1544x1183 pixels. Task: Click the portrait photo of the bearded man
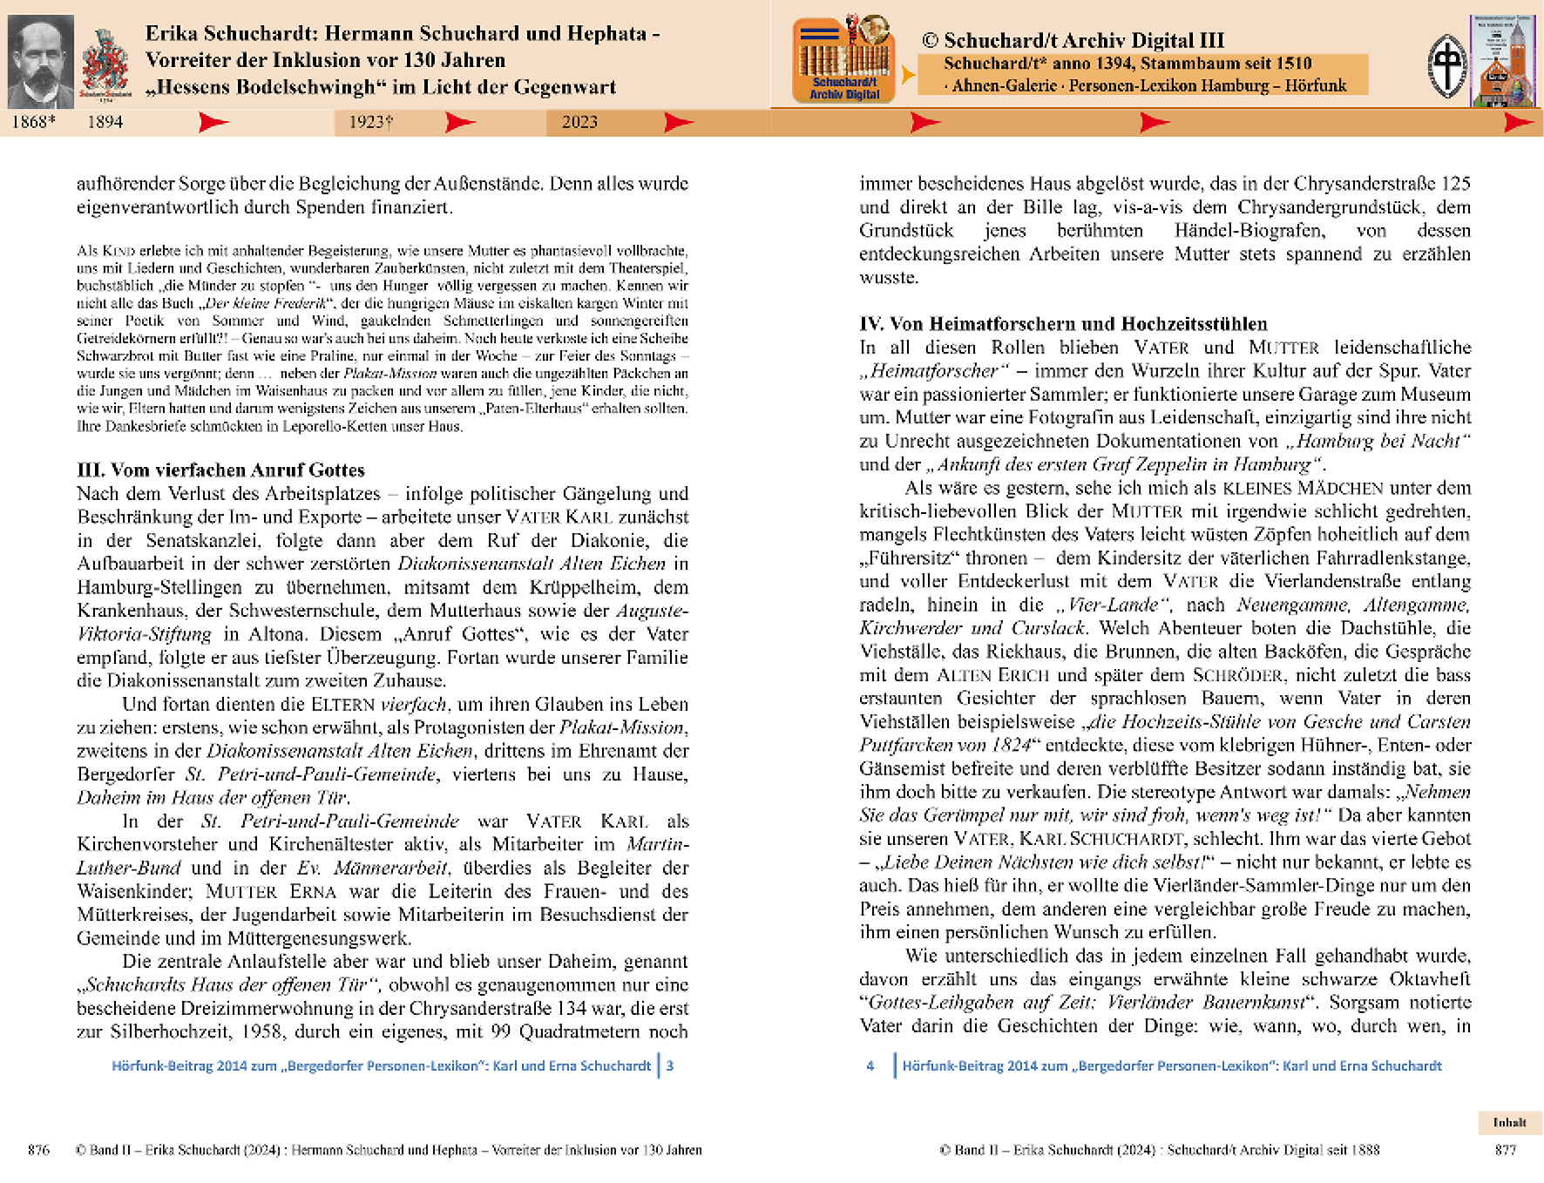(40, 61)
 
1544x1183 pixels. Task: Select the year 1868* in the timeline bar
(33, 122)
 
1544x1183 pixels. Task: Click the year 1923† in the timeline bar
(371, 122)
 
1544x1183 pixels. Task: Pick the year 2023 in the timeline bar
(579, 122)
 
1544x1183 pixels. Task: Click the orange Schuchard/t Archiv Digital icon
(843, 60)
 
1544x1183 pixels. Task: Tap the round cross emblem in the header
(1447, 66)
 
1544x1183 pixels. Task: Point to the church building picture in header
(1503, 61)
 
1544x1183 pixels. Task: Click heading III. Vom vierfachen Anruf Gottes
(220, 470)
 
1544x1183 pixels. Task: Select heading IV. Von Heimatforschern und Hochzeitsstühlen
(1063, 324)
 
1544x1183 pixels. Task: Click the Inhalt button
(1509, 1122)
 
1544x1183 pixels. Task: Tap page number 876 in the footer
(38, 1150)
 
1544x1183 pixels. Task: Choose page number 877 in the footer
(1505, 1150)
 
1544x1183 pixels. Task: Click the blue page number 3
(670, 1065)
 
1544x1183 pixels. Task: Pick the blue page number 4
(870, 1065)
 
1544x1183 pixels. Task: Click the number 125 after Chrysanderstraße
(1455, 184)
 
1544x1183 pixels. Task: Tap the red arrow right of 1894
(213, 122)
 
